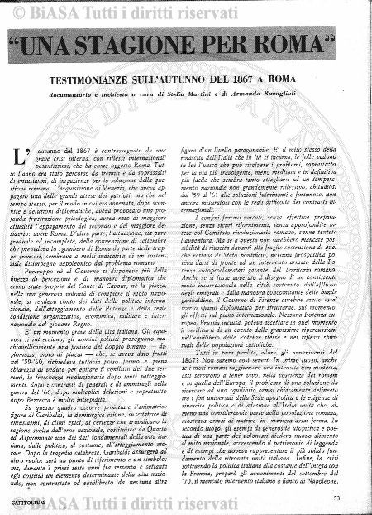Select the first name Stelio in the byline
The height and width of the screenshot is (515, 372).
pos(197,96)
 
